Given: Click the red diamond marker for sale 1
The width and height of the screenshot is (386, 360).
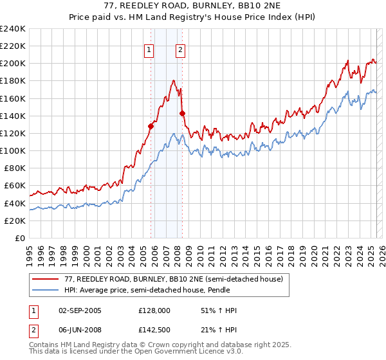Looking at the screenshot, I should (151, 126).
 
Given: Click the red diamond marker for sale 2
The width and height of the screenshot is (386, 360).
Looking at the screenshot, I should (182, 113).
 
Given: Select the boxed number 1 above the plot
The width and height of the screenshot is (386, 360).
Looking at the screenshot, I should (149, 51).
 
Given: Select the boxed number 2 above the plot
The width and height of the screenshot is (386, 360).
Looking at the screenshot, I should (180, 51).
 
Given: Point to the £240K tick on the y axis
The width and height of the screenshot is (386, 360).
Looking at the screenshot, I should (13, 29).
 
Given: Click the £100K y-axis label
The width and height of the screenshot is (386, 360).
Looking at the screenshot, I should (13, 150).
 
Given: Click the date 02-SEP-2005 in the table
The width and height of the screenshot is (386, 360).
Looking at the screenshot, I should (80, 310).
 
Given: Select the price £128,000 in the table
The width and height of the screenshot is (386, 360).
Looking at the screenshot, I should (154, 310).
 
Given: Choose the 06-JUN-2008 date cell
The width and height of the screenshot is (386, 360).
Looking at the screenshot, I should (80, 330).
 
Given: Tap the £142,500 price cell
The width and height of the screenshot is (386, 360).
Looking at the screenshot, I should (154, 330).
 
